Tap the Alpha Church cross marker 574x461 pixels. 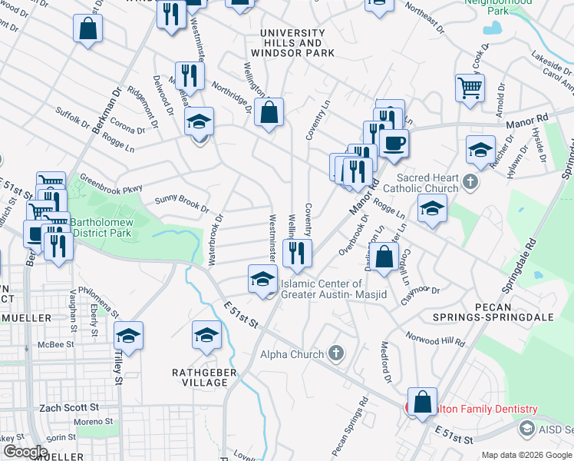[335, 353]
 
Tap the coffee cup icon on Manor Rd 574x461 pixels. [394, 142]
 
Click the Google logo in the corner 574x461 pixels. [26, 451]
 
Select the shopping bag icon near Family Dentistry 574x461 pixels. [422, 401]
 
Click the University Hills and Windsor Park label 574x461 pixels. [298, 43]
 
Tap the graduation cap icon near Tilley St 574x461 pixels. [128, 335]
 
